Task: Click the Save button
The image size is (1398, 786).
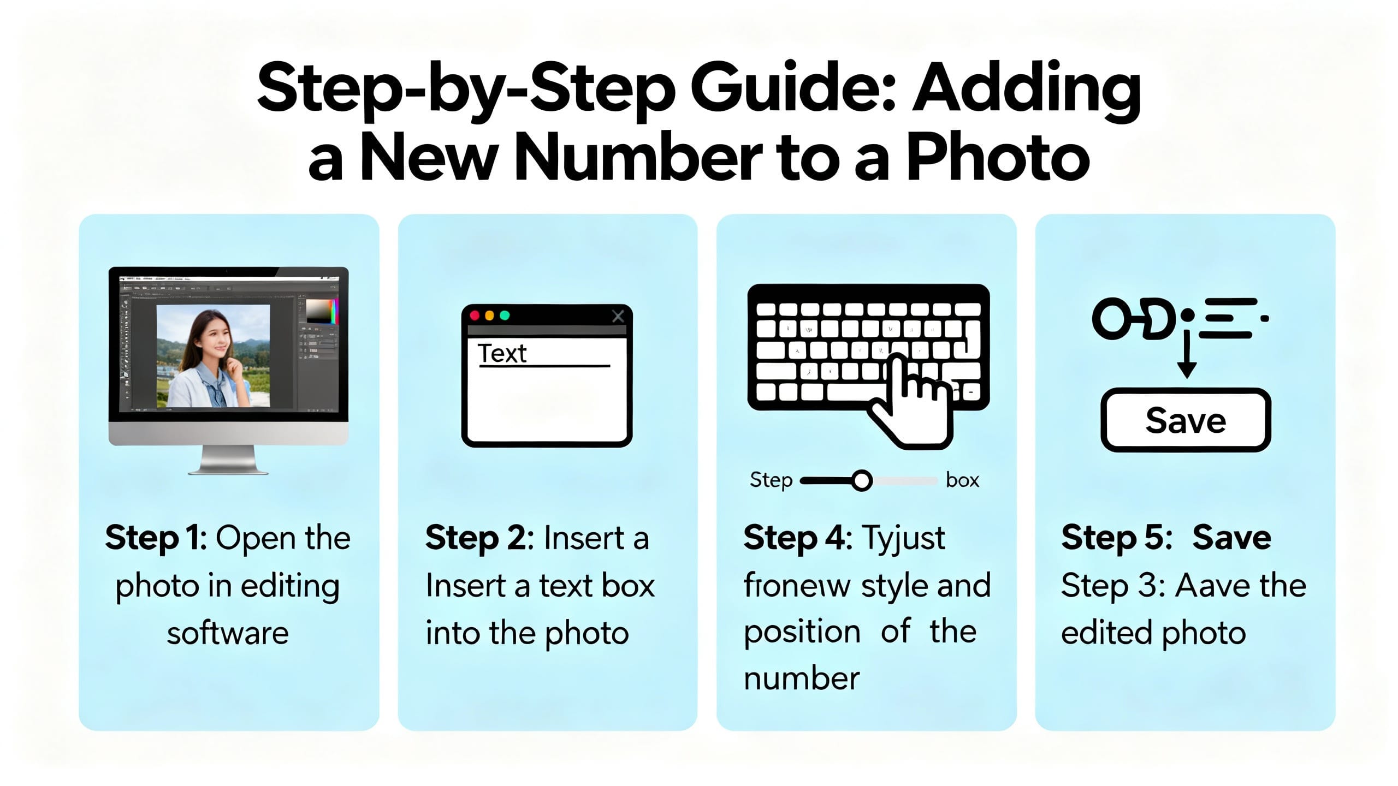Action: (1186, 421)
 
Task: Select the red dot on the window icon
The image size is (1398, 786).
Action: (475, 315)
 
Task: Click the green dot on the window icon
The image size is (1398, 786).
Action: (505, 315)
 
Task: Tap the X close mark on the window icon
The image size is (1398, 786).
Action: (618, 316)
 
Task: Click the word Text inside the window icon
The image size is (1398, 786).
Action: (502, 354)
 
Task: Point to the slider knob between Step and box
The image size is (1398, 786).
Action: (862, 481)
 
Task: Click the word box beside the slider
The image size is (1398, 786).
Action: (962, 480)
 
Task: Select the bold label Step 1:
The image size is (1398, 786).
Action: (156, 538)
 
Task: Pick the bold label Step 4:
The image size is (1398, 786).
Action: (797, 538)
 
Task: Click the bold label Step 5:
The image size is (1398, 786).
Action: (1117, 538)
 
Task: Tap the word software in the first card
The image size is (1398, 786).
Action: (228, 634)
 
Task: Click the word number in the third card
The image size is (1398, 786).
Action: (802, 679)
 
